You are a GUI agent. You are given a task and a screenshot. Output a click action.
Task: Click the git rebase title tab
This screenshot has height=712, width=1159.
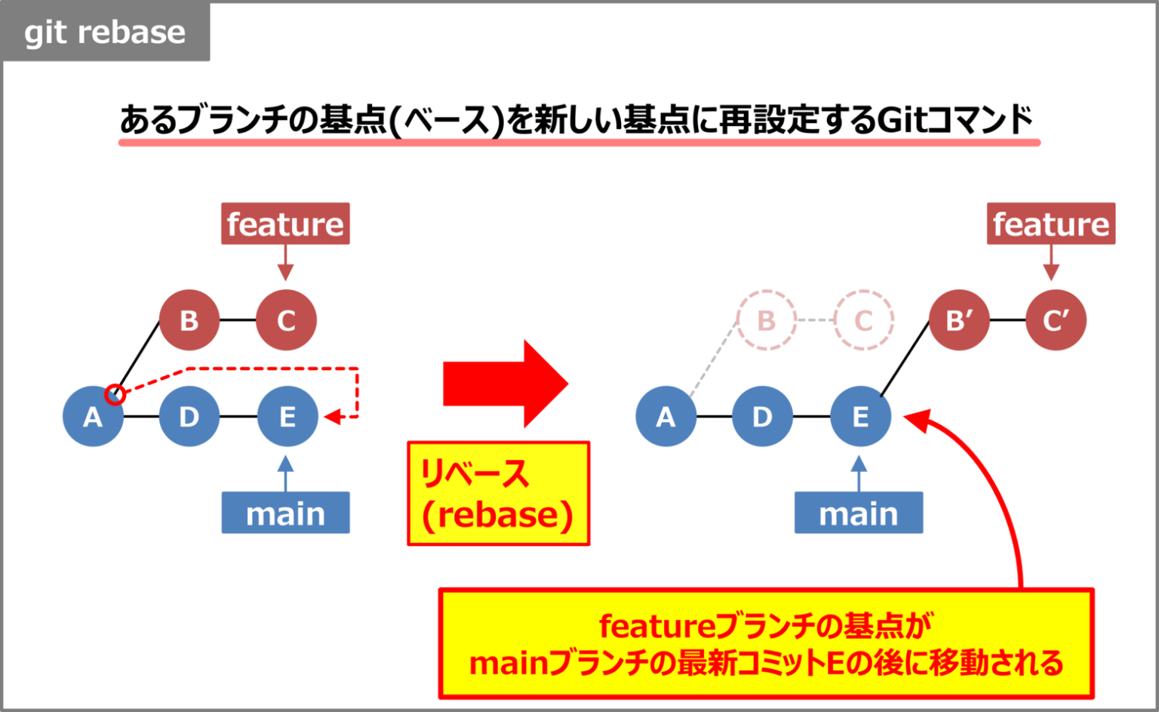click(105, 32)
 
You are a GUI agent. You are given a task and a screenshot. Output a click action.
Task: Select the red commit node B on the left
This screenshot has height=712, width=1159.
click(189, 320)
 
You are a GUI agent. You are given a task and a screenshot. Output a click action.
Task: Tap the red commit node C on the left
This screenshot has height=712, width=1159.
click(286, 320)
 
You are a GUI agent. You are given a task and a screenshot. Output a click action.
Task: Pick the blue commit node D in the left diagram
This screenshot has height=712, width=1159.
click(189, 416)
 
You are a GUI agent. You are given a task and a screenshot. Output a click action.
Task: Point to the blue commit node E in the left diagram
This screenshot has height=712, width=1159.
click(287, 416)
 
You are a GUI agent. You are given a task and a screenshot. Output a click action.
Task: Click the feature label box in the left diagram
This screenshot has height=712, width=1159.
click(285, 223)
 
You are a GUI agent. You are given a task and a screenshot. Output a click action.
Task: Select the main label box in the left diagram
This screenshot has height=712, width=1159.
click(285, 513)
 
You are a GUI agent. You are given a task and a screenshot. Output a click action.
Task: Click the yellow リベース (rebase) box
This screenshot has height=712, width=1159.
click(498, 494)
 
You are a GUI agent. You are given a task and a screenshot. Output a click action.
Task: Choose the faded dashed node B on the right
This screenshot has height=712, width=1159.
click(766, 320)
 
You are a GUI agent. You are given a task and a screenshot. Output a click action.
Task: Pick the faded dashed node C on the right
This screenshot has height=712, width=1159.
click(863, 320)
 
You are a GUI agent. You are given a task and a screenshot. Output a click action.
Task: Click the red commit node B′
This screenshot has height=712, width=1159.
click(959, 320)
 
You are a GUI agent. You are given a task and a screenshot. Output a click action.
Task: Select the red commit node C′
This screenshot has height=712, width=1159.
click(1056, 320)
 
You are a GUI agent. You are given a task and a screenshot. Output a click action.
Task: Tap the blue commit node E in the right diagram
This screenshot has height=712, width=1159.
click(860, 416)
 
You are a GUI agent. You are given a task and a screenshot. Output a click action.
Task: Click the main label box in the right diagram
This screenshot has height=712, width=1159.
click(858, 513)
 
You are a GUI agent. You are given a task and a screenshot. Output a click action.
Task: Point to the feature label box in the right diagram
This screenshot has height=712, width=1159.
click(1050, 223)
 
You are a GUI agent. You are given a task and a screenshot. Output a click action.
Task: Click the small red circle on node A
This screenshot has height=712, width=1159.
click(115, 393)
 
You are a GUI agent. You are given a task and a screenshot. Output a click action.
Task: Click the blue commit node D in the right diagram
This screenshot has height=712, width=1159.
click(762, 416)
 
